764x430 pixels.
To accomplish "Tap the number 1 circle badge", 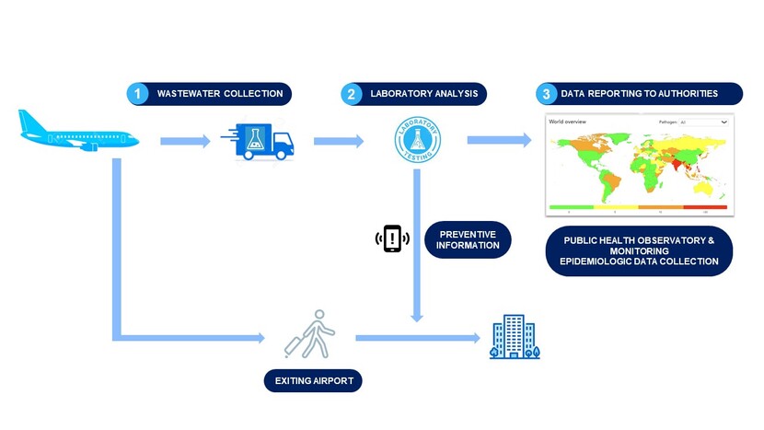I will [x=138, y=94].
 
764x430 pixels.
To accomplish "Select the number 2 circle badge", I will [x=352, y=94].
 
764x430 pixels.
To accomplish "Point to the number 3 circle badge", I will [x=547, y=94].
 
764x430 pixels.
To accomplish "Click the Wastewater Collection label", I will [x=221, y=94].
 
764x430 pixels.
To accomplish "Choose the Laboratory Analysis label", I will [x=423, y=94].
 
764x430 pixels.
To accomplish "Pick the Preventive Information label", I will [x=469, y=239].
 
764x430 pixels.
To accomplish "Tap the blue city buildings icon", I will [x=514, y=338].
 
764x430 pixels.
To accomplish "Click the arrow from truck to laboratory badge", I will [x=338, y=141].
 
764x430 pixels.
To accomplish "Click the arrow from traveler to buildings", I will [x=414, y=339].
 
